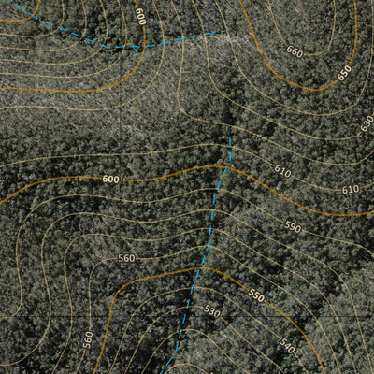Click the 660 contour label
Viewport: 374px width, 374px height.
click(295, 52)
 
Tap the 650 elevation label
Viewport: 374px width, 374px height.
click(344, 72)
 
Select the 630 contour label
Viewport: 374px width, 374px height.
click(367, 122)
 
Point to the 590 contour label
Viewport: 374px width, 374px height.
click(293, 227)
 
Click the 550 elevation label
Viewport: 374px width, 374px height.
click(256, 295)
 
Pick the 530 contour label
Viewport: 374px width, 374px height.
click(211, 312)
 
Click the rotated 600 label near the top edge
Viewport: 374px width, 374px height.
click(140, 17)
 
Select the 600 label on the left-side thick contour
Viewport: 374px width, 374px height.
click(110, 179)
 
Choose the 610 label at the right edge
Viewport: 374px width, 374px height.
click(350, 190)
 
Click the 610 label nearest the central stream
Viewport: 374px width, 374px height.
click(282, 171)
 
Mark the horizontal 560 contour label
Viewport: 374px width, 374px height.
click(126, 258)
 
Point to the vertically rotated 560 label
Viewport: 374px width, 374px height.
click(88, 338)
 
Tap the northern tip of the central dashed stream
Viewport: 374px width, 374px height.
click(231, 137)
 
